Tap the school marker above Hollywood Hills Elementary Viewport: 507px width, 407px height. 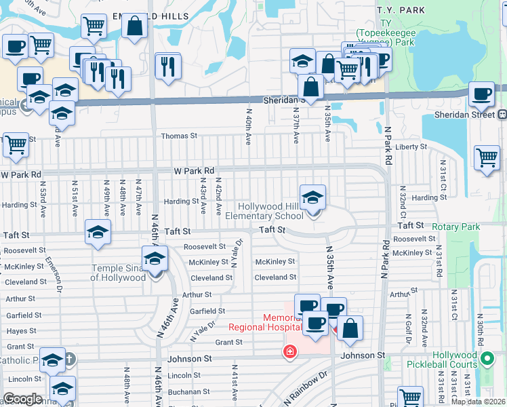click(312, 198)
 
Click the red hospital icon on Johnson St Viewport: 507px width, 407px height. click(289, 351)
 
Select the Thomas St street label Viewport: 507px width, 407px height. click(179, 136)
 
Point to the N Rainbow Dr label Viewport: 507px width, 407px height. click(306, 386)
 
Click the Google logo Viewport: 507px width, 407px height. click(22, 399)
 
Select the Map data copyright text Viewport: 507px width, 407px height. click(478, 402)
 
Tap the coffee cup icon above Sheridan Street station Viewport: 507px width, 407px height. click(482, 95)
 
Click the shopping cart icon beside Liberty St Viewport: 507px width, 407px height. click(487, 159)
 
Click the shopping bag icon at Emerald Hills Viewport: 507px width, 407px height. click(135, 26)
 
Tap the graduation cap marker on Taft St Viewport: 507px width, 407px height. click(98, 233)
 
